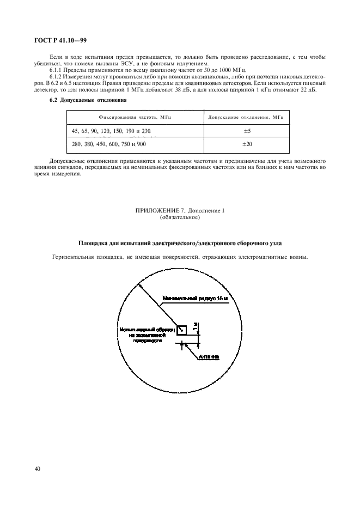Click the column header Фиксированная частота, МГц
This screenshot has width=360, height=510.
tap(135, 117)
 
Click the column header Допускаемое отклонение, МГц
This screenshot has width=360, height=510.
tap(246, 117)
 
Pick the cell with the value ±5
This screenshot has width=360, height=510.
tap(246, 131)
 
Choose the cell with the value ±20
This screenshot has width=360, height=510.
tap(246, 144)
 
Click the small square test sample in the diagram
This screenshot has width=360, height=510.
tap(181, 329)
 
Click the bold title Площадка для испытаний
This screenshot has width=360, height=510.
tap(180, 242)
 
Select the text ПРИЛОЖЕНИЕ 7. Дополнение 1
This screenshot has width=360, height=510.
tap(179, 211)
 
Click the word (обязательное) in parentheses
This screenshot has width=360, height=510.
tap(180, 217)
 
